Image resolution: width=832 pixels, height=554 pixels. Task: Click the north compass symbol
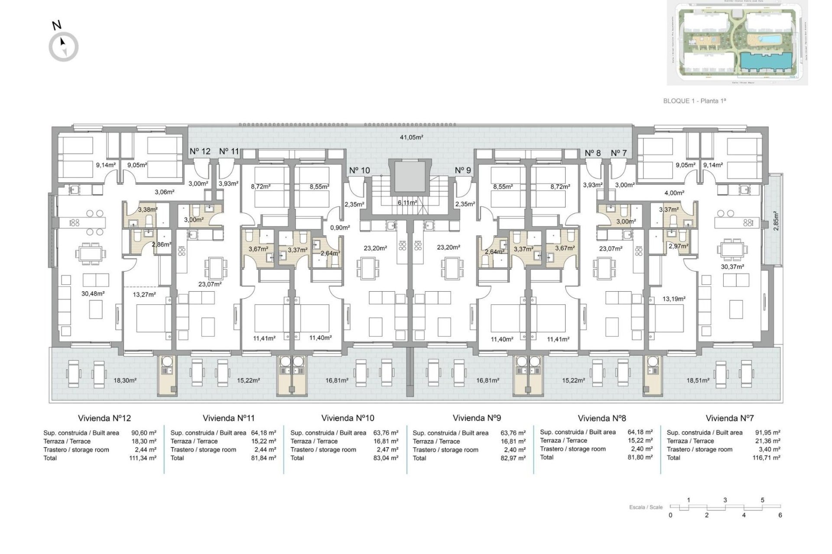click(64, 46)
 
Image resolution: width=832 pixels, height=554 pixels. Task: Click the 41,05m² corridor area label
click(411, 137)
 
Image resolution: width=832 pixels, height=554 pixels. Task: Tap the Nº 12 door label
click(200, 151)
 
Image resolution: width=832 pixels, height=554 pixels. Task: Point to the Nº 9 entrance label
click(463, 170)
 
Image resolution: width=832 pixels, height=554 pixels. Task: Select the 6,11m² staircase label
click(408, 202)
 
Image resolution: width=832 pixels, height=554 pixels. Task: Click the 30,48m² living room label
click(93, 293)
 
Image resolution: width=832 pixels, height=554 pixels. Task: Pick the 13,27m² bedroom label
click(144, 294)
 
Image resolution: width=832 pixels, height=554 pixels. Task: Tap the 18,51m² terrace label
click(698, 380)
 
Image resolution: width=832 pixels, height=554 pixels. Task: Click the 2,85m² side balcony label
click(776, 221)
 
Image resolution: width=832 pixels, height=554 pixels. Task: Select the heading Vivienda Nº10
click(348, 418)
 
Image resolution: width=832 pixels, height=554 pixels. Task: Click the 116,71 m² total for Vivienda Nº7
click(767, 457)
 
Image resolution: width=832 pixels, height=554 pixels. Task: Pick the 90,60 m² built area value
click(143, 432)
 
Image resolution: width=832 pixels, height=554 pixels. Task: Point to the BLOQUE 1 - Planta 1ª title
click(694, 101)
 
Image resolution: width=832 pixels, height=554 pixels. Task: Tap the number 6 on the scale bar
click(780, 515)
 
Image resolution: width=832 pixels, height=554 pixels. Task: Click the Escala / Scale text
click(646, 507)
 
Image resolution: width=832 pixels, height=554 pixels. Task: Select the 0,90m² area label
click(337, 228)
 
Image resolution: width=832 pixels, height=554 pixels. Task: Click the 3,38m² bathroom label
click(148, 209)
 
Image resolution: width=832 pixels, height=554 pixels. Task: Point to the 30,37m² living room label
click(732, 267)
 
